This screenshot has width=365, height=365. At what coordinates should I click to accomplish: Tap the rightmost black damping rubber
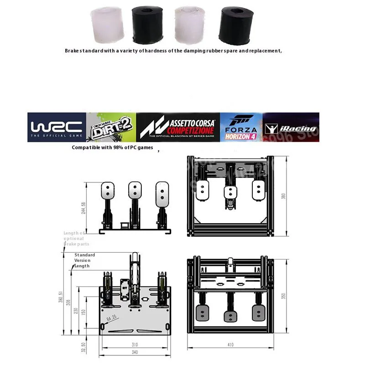[x=235, y=24]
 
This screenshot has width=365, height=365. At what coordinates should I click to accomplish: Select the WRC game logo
[x=56, y=127]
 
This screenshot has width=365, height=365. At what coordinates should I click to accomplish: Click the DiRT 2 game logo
[x=111, y=127]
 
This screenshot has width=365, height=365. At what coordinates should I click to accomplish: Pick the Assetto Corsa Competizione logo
[x=178, y=127]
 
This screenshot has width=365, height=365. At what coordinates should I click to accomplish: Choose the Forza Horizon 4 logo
[x=241, y=127]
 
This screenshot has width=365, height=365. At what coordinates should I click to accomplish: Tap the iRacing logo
[x=291, y=128]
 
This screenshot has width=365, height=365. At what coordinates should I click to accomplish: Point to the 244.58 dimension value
[x=83, y=208]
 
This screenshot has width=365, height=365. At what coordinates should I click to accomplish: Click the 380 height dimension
[x=283, y=196]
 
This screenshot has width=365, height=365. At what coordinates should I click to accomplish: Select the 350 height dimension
[x=283, y=296]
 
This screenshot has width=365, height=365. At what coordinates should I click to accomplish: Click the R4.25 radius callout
[x=112, y=318]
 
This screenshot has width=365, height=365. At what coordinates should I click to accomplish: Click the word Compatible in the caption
[x=85, y=148]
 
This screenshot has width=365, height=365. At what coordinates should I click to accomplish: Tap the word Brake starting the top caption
[x=72, y=51]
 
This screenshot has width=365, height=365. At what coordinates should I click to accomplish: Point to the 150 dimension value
[x=83, y=312]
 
